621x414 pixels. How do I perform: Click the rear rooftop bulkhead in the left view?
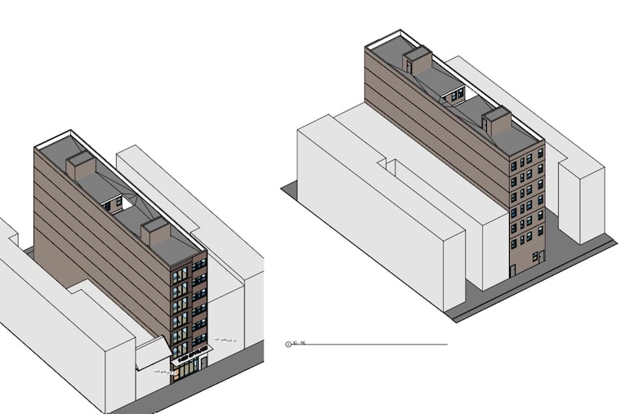coord(82,167)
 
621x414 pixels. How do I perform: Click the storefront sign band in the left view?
coord(190,356)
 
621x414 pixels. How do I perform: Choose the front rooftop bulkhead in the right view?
coord(495,121)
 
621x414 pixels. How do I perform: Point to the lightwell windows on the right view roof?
coord(452,96)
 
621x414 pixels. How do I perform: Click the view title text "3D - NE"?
coord(298,345)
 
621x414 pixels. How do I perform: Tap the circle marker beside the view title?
coord(287,345)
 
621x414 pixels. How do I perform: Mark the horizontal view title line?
coord(376,345)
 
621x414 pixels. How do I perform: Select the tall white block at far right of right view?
coord(581,196)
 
